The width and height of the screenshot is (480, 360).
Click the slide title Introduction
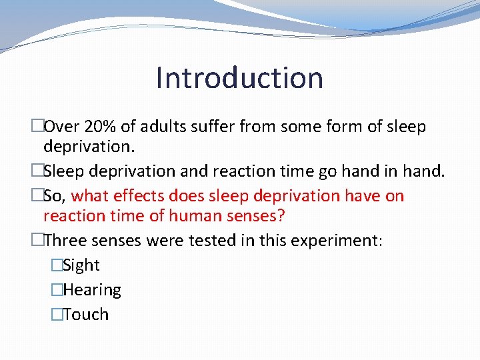point(239,77)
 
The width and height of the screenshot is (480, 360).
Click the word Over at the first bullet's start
point(62,127)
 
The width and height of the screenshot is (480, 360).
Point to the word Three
point(65,240)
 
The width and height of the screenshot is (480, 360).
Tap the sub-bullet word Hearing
point(92,291)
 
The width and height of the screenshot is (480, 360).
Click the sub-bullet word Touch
point(86,315)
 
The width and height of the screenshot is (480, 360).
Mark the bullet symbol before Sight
point(57,265)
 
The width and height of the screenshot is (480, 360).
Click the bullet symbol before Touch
point(57,315)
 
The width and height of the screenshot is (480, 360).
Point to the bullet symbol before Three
point(37,240)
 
